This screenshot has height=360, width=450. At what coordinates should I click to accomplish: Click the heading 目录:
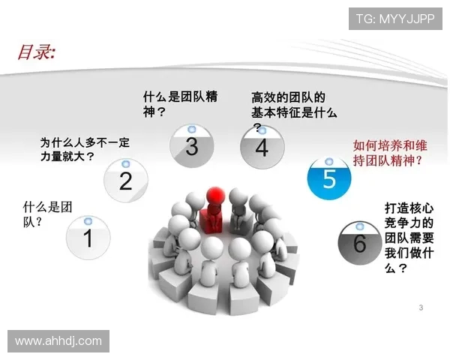click(37, 52)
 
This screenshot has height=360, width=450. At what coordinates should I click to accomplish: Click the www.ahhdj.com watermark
click(58, 340)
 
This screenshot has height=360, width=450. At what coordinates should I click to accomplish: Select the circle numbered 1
click(88, 238)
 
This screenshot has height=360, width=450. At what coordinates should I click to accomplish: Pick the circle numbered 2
click(125, 180)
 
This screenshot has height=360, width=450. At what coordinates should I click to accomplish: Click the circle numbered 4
click(261, 147)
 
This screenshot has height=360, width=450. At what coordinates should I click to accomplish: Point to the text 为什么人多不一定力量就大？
click(72, 149)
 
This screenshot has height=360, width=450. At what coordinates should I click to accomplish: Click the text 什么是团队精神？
click(180, 104)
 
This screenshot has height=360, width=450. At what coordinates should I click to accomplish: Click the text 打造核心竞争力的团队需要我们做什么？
click(409, 235)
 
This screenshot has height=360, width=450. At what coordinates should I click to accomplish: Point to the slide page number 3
click(421, 307)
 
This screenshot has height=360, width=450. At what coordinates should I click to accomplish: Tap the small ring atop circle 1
click(88, 220)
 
